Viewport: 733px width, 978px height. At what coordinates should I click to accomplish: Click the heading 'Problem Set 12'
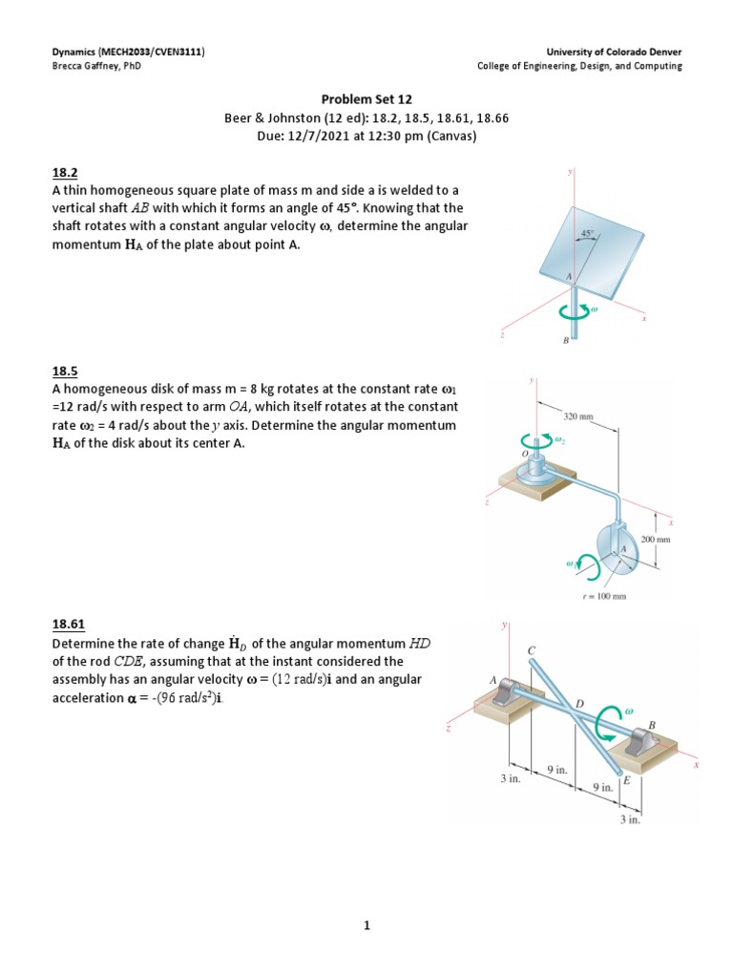(x=366, y=99)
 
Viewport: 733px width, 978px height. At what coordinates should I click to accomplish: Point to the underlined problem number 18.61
(x=68, y=625)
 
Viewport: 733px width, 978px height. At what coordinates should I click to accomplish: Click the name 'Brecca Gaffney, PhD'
(x=96, y=66)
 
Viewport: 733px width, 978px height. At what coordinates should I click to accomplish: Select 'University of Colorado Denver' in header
(x=614, y=51)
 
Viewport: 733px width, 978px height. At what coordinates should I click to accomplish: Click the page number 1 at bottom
(x=366, y=925)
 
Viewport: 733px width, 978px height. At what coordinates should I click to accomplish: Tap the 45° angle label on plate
(x=587, y=233)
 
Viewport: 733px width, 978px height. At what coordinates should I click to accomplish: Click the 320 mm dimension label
(x=577, y=416)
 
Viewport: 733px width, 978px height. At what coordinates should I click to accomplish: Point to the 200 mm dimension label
(x=659, y=540)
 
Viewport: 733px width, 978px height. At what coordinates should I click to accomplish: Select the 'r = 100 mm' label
(x=604, y=597)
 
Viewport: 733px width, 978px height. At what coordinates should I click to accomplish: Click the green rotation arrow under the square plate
(x=575, y=311)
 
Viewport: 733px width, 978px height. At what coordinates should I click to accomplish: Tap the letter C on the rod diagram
(x=532, y=650)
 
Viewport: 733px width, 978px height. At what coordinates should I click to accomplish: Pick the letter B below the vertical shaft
(x=566, y=341)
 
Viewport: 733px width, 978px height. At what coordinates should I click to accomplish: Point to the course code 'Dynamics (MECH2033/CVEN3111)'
(x=129, y=51)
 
